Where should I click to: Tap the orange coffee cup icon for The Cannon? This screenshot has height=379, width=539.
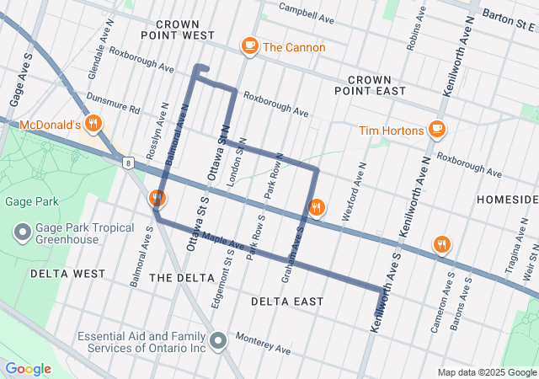(x=249, y=46)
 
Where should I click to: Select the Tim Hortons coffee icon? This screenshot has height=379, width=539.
(x=435, y=129)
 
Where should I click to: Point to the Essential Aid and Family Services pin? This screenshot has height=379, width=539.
(x=218, y=341)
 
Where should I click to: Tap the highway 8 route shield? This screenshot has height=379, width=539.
(x=126, y=161)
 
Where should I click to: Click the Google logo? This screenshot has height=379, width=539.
(x=28, y=369)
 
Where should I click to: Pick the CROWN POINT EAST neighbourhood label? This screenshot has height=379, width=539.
(x=370, y=84)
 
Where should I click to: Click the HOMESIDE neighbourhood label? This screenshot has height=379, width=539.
(x=506, y=199)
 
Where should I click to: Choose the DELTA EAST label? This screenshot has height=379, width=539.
(x=287, y=301)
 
